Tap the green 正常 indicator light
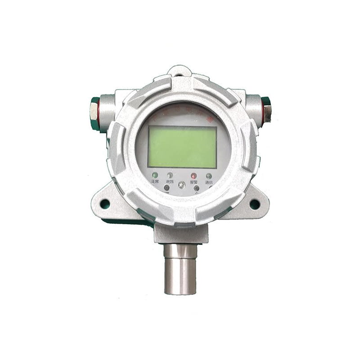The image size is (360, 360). point(155,175)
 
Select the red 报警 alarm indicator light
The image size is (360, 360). point(193,175)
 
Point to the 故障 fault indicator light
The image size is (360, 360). point(170,175)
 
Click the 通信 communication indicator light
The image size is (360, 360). point(209,176)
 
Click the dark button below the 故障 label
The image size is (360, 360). point(167,187)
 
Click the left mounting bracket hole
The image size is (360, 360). point(105,204)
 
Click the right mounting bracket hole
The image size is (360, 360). point(254,204)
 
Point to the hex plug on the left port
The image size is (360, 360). point(94,111)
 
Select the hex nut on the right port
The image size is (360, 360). point(266,110)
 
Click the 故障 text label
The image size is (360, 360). point(170,182)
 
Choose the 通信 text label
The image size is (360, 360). point(209,182)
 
